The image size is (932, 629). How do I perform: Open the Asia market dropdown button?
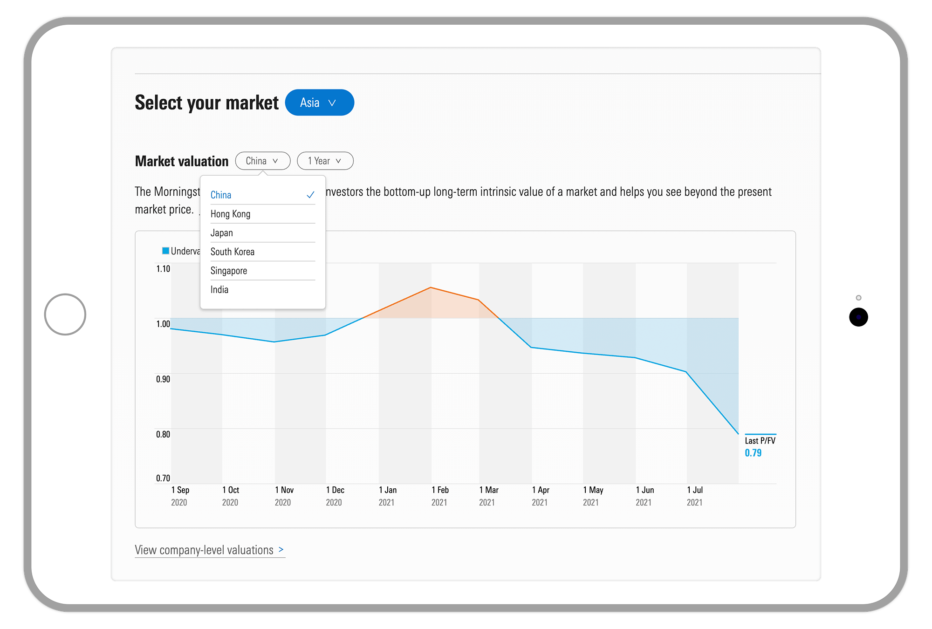(x=319, y=103)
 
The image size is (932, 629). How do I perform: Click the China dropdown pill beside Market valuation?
(x=262, y=161)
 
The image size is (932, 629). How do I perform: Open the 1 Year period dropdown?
(x=325, y=161)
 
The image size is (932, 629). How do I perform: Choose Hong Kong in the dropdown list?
(x=231, y=214)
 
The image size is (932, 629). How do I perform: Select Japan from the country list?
(x=222, y=233)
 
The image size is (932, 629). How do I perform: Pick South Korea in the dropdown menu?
(x=233, y=252)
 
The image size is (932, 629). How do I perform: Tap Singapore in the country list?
(x=229, y=271)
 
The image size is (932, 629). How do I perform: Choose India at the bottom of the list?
(x=219, y=290)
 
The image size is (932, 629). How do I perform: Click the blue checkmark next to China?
(x=310, y=195)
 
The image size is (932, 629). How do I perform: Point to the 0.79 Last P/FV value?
(x=753, y=453)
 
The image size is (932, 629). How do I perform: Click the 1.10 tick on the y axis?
(x=163, y=269)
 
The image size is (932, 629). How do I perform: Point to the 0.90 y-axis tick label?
(x=163, y=379)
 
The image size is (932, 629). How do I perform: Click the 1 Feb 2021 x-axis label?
(x=440, y=496)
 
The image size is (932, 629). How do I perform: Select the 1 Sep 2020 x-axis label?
(x=180, y=496)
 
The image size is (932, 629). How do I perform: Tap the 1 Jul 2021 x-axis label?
(x=694, y=496)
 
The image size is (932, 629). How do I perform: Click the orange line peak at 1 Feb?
(x=431, y=287)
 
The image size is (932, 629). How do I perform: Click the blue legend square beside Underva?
(x=165, y=251)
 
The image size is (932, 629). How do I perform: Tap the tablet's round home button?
(x=65, y=314)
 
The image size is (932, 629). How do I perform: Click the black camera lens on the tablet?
(x=858, y=317)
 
